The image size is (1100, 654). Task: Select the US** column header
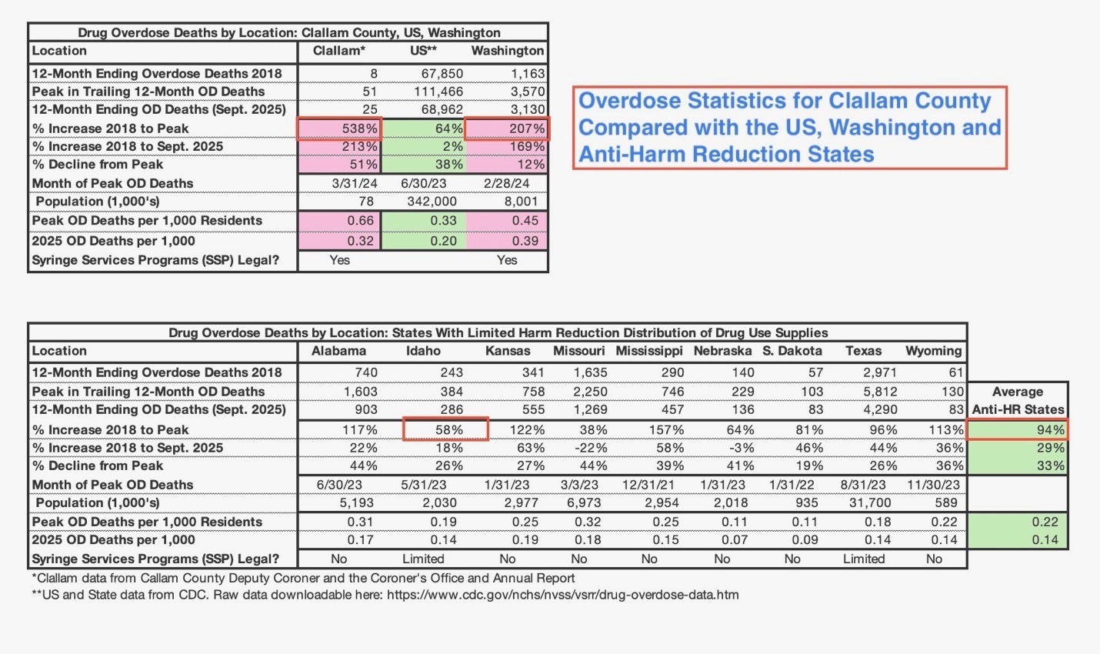click(x=423, y=51)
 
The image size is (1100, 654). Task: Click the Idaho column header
click(x=423, y=351)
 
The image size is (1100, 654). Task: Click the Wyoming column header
click(x=933, y=351)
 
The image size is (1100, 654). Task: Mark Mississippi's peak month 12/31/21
click(x=649, y=485)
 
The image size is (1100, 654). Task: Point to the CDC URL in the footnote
click(x=562, y=595)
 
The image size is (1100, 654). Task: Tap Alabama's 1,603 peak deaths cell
click(x=360, y=392)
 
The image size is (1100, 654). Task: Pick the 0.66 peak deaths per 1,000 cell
click(x=360, y=221)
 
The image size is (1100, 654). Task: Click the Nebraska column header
click(x=722, y=351)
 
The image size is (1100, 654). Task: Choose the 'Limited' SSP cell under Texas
click(x=863, y=559)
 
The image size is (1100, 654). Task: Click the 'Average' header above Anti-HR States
click(x=1017, y=392)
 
